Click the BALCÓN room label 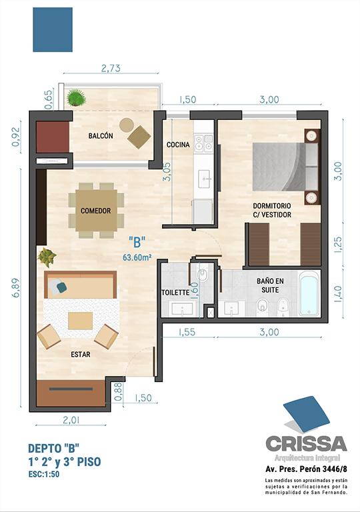coord(101,136)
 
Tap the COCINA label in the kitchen coord(178,144)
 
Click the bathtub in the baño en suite coord(309,296)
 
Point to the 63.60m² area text coord(137,257)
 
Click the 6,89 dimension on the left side coord(15,287)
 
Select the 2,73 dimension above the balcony coord(111,68)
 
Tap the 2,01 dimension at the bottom coord(71,419)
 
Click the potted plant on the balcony coord(76,97)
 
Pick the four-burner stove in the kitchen coord(203,144)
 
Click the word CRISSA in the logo coord(306,443)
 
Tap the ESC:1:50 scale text coord(44,474)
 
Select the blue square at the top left coord(53,30)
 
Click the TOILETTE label coord(175,293)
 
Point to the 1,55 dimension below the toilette coord(187,332)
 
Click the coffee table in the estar coord(81,321)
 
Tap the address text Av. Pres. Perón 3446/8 coord(307,469)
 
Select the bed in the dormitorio coord(286,167)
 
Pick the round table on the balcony coord(127,125)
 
